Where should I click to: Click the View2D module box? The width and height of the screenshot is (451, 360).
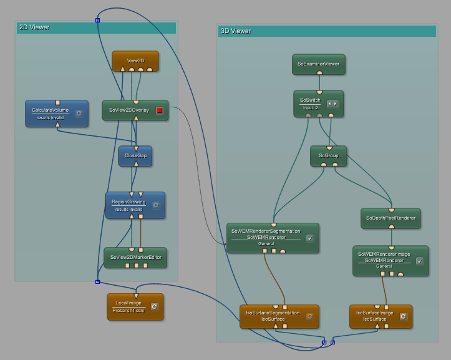(x=135, y=61)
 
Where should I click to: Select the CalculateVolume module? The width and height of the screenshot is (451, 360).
(x=51, y=110)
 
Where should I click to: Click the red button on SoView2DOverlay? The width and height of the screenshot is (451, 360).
(x=159, y=110)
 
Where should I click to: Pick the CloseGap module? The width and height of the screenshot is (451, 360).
(x=135, y=155)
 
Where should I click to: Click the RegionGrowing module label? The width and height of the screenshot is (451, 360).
(x=129, y=202)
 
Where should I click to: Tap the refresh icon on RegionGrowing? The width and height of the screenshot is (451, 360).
(x=156, y=205)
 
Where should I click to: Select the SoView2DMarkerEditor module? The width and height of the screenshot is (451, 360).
(x=135, y=257)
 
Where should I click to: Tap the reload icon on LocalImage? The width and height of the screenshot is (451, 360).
(x=154, y=307)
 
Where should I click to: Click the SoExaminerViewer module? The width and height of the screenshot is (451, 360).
(x=319, y=64)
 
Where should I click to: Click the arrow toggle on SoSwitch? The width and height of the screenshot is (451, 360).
(x=333, y=103)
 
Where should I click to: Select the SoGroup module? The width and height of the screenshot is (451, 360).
(x=328, y=155)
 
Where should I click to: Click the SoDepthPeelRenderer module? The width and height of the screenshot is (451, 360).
(x=390, y=218)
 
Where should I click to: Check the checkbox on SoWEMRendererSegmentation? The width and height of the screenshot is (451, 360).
(x=310, y=238)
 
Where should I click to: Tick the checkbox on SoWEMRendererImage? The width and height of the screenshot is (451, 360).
(x=419, y=261)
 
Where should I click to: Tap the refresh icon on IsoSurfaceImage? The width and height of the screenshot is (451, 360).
(x=403, y=316)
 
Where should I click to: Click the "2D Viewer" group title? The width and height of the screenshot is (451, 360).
(x=34, y=27)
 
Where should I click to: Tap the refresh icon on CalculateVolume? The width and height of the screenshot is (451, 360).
(x=79, y=113)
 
